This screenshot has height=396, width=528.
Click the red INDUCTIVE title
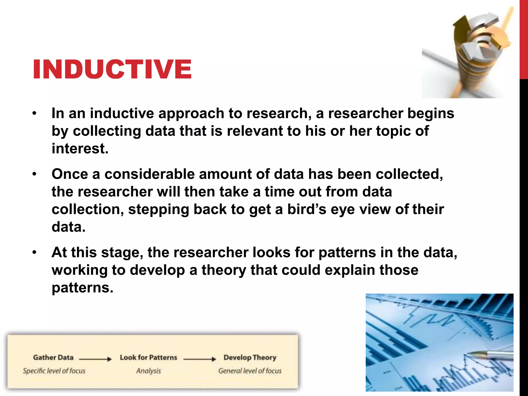tap(112, 69)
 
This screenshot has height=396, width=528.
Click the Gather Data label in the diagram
tap(53, 358)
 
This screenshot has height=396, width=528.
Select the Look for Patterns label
tap(148, 358)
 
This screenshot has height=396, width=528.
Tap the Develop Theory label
tap(250, 358)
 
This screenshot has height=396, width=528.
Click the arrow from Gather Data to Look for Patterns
tap(95, 359)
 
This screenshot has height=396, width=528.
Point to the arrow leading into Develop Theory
tap(200, 359)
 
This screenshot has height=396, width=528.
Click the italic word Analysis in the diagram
tap(148, 371)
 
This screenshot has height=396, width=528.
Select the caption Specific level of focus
tap(54, 371)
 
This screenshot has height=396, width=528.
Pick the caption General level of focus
tap(250, 371)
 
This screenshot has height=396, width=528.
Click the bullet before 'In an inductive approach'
tap(35, 113)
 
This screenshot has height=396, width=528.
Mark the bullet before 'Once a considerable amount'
tap(35, 174)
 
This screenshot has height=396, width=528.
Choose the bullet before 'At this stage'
tap(35, 252)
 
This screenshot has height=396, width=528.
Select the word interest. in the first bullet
tap(80, 149)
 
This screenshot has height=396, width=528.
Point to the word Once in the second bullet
tap(70, 174)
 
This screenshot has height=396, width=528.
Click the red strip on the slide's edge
tap(524, 39)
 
